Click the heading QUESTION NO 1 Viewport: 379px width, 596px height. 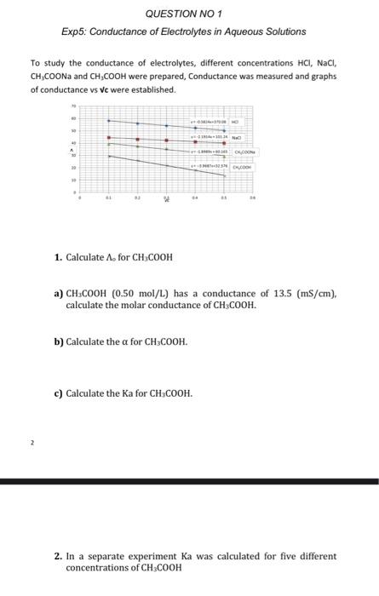pos(183,14)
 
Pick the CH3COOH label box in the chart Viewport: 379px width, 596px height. pos(246,168)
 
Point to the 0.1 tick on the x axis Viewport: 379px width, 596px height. pos(108,195)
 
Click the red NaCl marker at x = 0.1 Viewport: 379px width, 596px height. pos(108,137)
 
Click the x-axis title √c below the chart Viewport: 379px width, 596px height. pos(167,199)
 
